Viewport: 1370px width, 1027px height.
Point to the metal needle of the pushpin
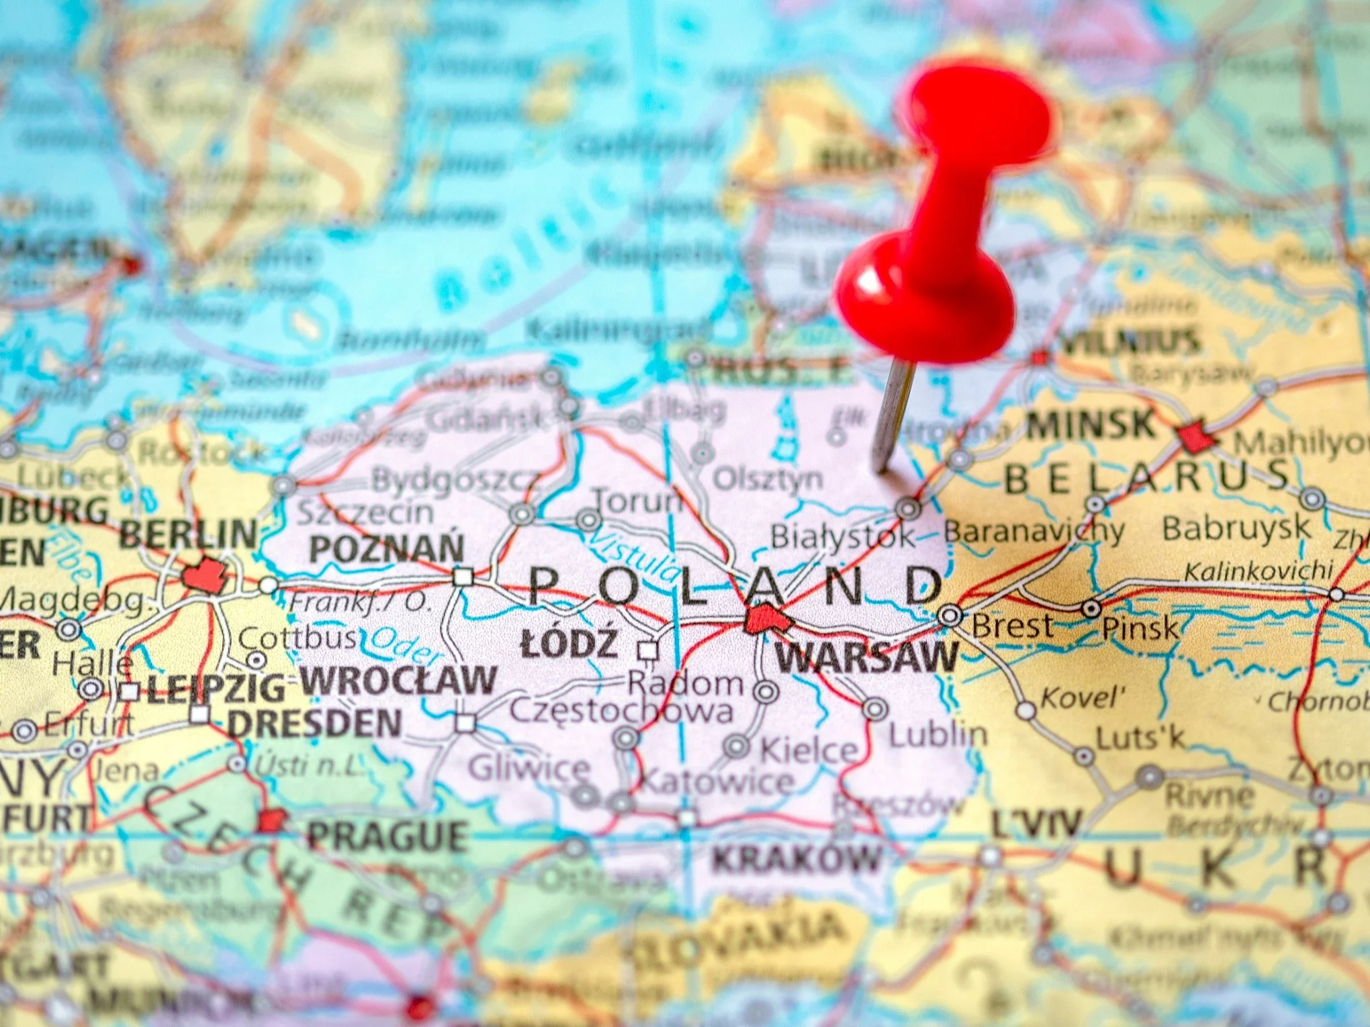(x=893, y=416)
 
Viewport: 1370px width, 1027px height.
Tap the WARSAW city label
(x=867, y=656)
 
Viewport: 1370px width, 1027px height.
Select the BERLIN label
(x=188, y=535)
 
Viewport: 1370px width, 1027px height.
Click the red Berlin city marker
(x=203, y=576)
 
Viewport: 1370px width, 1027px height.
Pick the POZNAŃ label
(x=386, y=549)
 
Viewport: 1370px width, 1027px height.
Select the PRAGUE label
(x=387, y=836)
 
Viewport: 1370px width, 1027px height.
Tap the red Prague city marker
(x=271, y=820)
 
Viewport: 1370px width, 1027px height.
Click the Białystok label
(x=842, y=536)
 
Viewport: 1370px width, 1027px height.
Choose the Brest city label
(x=1012, y=626)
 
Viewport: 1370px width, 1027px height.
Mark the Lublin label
(x=938, y=735)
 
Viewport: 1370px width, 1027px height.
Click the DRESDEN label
(x=314, y=724)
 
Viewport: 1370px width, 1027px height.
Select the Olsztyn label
(x=767, y=479)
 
